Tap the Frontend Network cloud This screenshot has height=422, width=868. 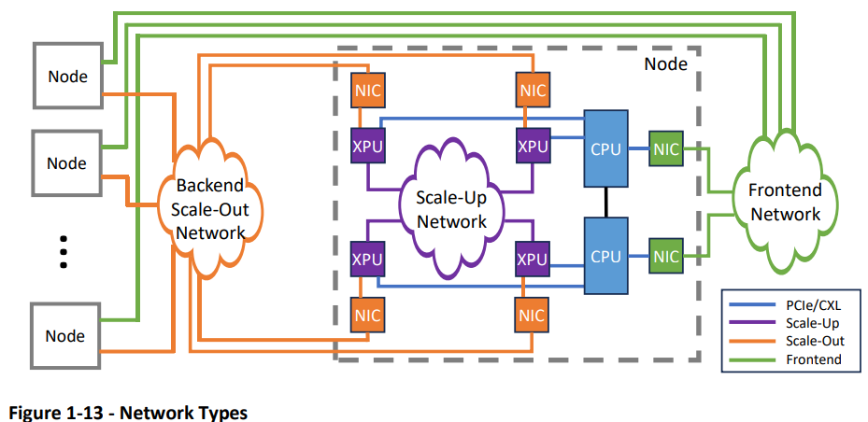[785, 202]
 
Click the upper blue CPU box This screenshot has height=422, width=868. [605, 147]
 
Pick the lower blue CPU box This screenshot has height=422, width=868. [605, 255]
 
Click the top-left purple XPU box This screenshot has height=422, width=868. [367, 147]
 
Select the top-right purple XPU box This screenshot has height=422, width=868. [533, 147]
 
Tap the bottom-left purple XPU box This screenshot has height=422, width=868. [367, 259]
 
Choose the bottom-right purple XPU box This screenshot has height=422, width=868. [533, 259]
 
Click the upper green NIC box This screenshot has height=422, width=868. [666, 147]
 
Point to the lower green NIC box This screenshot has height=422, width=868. [666, 256]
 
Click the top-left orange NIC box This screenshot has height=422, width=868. [367, 91]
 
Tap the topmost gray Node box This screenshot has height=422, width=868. [66, 77]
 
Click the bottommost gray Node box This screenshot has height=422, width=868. [66, 336]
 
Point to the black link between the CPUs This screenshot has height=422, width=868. [605, 201]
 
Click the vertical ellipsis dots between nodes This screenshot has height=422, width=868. [64, 251]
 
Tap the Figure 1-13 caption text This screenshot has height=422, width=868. [128, 412]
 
